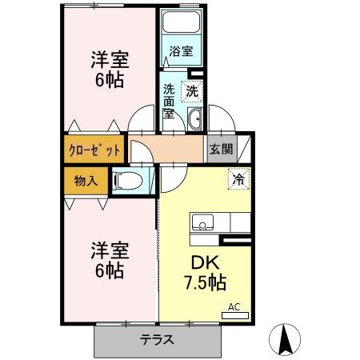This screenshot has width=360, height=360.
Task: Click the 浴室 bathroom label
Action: point(180,52)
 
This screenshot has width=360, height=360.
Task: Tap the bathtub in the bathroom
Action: point(180,25)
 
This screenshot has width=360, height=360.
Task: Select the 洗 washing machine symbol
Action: point(192,91)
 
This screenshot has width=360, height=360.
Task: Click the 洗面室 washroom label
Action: point(170,101)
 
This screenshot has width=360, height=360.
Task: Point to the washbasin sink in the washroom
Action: point(194,121)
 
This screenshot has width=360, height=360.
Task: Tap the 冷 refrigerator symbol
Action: point(238,179)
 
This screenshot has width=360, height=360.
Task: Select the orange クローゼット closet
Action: point(94,150)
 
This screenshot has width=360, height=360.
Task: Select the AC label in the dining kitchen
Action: point(234,306)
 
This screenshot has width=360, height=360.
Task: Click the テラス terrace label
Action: point(158,339)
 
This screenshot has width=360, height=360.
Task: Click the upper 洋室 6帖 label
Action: point(106,70)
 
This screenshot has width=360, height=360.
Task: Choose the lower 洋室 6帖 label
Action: point(106,260)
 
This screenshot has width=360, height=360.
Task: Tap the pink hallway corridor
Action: point(168,149)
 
